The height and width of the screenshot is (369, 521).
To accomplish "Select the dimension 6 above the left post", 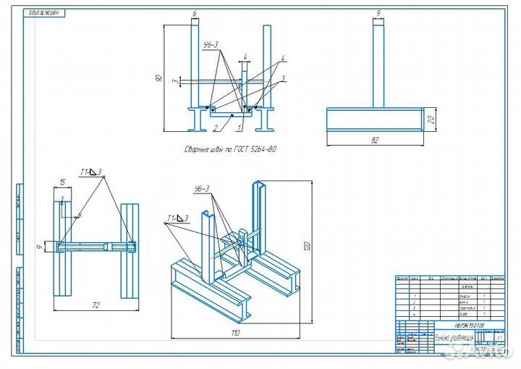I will coord(195,13).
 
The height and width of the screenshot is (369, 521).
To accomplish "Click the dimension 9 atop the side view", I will coord(378,12).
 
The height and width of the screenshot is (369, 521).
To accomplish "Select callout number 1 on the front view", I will coord(239,128).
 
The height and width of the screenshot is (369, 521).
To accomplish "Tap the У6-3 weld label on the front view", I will coord(210,45).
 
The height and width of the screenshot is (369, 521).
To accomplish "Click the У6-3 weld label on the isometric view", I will coord(201,189).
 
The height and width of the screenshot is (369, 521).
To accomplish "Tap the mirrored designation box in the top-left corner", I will coord(44,12).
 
